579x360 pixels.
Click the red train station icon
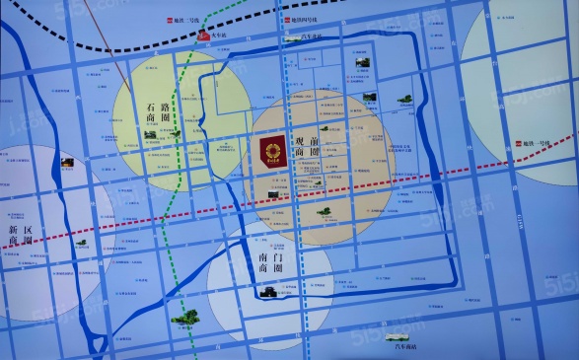(x=205, y=33)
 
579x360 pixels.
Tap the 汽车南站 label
(x=405, y=344)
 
